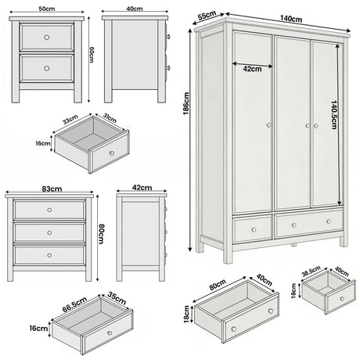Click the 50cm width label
coord(48,9)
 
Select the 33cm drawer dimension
coord(71,121)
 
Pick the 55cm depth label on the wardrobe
coord(207,15)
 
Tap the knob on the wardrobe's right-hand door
coord(313,124)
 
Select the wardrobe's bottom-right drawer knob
coord(308,225)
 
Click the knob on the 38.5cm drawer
coord(341,298)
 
